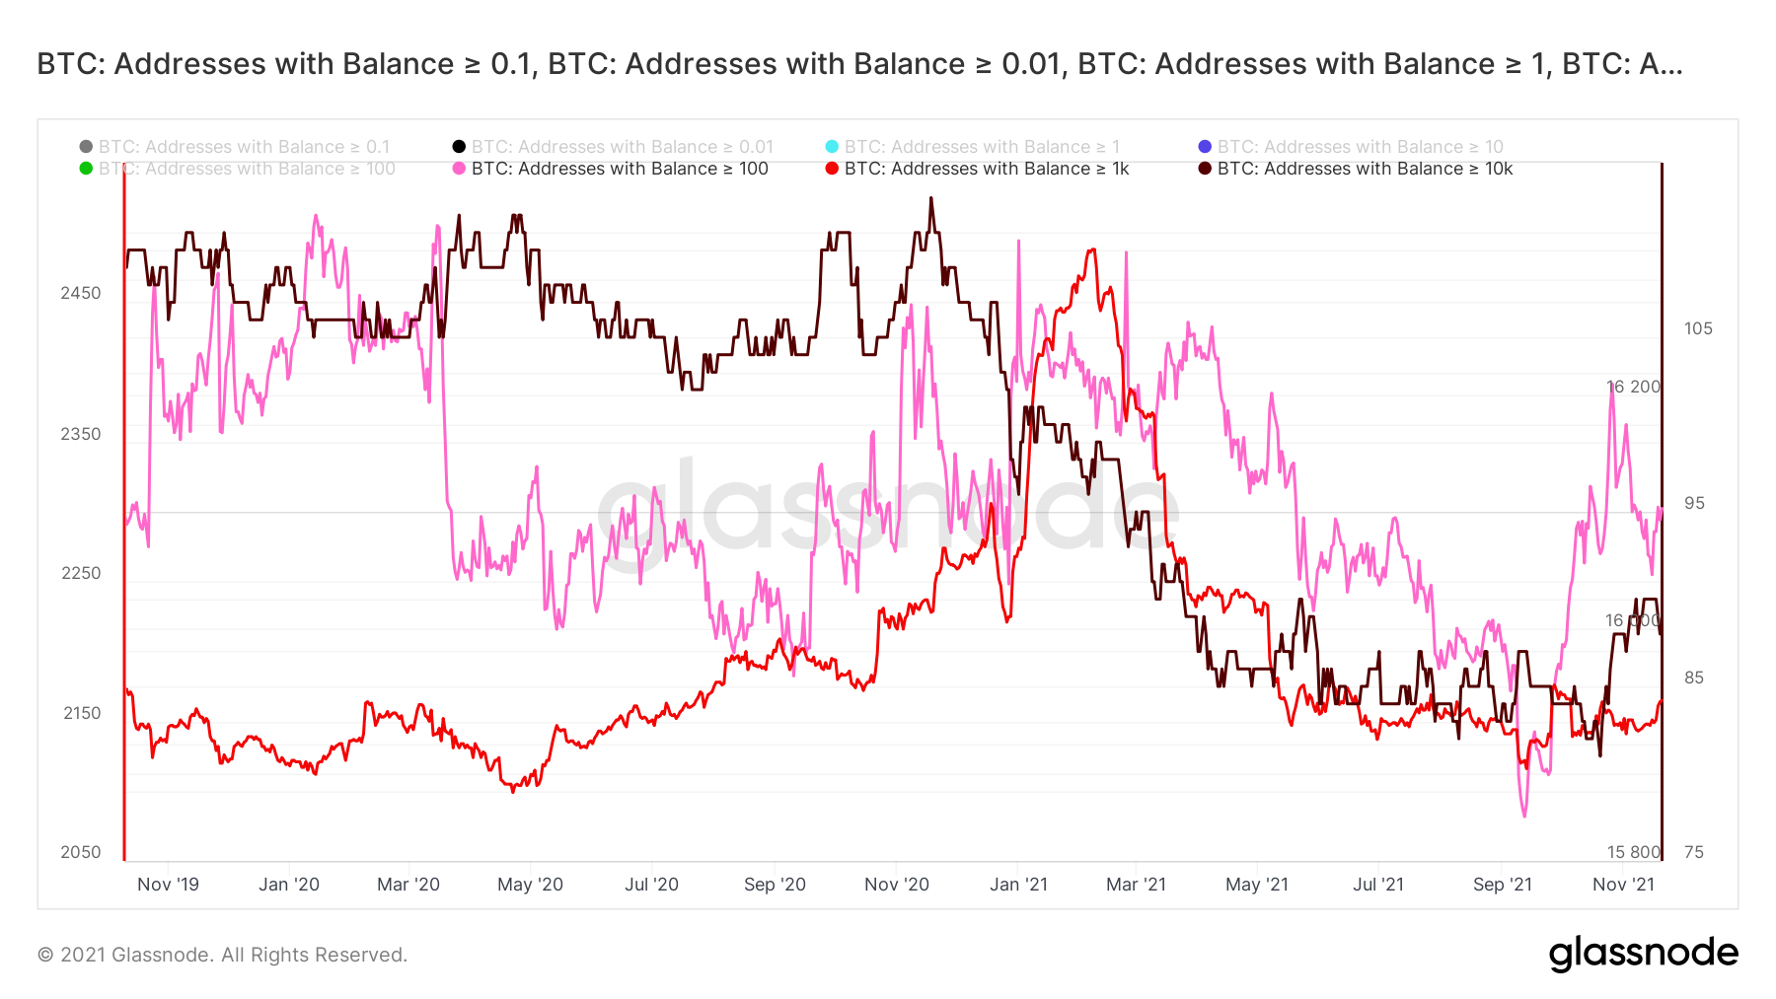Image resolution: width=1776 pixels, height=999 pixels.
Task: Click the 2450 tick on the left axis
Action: (81, 293)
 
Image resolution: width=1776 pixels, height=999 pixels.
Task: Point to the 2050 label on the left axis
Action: (81, 852)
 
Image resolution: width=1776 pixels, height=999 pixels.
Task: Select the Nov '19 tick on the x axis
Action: (168, 885)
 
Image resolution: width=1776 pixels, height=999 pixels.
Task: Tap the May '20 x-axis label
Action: (530, 885)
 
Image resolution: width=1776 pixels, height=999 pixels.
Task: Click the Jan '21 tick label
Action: (1018, 885)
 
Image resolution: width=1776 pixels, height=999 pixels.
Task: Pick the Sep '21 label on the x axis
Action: (1502, 885)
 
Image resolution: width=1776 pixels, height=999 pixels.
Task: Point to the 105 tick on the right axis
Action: (1698, 328)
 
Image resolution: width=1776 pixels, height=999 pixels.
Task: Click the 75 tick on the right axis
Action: (1694, 852)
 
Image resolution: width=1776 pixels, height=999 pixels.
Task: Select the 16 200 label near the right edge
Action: (1633, 387)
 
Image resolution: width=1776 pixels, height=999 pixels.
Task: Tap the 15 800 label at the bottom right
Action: (1633, 852)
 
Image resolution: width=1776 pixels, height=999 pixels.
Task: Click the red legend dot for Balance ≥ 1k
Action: (832, 169)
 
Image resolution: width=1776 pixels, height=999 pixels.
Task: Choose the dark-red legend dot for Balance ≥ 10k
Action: (1205, 169)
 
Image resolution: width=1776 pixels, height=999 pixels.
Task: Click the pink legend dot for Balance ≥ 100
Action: (459, 169)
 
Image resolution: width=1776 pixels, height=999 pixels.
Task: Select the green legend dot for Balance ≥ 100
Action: (86, 169)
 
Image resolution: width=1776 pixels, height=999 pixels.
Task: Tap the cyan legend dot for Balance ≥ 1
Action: (832, 147)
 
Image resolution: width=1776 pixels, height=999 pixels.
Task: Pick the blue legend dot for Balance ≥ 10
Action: (1205, 147)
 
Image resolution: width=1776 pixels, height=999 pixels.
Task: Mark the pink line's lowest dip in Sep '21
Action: (1524, 816)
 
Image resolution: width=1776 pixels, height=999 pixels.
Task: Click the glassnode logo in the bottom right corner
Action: (1643, 954)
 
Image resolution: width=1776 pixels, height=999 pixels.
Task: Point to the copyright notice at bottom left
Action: (222, 955)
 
